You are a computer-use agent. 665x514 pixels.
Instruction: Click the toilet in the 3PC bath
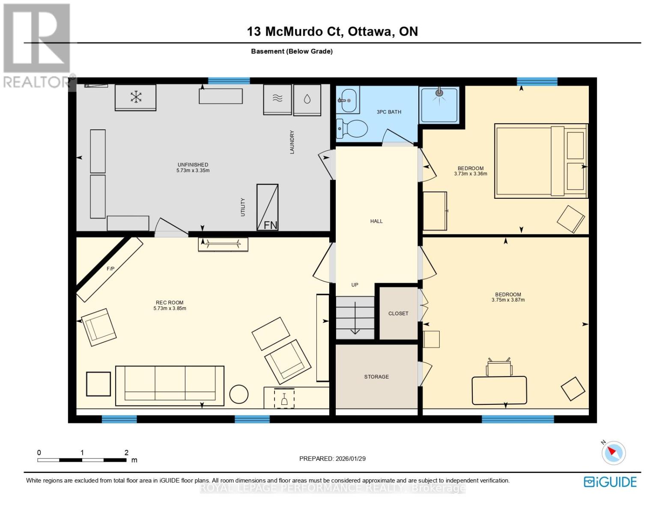pyautogui.click(x=352, y=129)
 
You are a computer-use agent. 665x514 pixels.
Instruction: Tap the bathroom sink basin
pyautogui.click(x=348, y=100)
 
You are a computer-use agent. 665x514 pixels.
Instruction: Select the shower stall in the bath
pyautogui.click(x=439, y=105)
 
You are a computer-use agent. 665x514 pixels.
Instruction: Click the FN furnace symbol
pyautogui.click(x=267, y=207)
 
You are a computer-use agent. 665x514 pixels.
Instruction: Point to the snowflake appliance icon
pyautogui.click(x=136, y=97)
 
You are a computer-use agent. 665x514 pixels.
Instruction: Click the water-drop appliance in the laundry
pyautogui.click(x=307, y=99)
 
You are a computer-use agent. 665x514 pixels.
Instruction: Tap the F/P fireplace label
pyautogui.click(x=110, y=269)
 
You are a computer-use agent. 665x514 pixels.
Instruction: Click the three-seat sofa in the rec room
pyautogui.click(x=170, y=386)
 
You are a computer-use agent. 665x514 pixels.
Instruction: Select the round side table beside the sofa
pyautogui.click(x=239, y=394)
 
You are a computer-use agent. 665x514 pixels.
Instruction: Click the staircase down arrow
pyautogui.click(x=355, y=318)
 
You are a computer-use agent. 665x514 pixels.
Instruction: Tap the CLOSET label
pyautogui.click(x=398, y=314)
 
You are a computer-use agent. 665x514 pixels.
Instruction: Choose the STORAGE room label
pyautogui.click(x=376, y=377)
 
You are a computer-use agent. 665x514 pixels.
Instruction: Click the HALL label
pyautogui.click(x=376, y=221)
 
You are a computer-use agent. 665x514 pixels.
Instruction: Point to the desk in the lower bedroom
pyautogui.click(x=499, y=390)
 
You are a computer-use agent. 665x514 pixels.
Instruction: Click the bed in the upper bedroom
pyautogui.click(x=541, y=161)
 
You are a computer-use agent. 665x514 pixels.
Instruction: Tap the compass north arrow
pyautogui.click(x=612, y=451)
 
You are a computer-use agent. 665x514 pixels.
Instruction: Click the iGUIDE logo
pyautogui.click(x=610, y=482)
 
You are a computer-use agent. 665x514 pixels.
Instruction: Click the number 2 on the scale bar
pyautogui.click(x=126, y=452)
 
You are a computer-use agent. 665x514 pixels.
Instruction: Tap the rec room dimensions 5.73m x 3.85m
pyautogui.click(x=170, y=308)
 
